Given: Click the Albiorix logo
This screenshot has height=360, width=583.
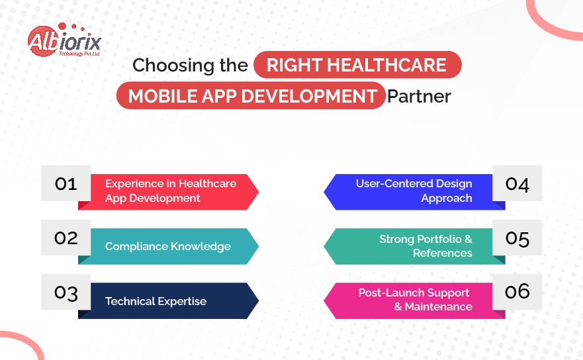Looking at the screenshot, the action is pos(64,40).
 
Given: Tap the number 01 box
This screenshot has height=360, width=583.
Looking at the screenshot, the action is pos(66,183).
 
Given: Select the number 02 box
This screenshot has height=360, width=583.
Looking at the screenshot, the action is pos(66,238).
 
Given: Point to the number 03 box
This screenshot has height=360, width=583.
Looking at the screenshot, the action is pos(66,292).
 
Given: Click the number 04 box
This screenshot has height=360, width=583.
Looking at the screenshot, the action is pos(517,183).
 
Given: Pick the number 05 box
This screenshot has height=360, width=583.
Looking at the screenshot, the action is pos(517,238).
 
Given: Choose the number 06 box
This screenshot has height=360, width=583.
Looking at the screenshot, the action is pos(517,292).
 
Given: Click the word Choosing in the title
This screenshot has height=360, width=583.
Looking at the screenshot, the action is pos(173,66).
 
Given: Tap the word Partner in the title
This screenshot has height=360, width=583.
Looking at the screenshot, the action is pos(419,97).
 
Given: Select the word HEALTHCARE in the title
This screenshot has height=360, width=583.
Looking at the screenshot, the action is pos(386,65).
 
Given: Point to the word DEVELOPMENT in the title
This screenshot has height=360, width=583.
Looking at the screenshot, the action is pos(309,96).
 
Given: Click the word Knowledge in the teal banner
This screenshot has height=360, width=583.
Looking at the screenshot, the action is pos(201,247).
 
